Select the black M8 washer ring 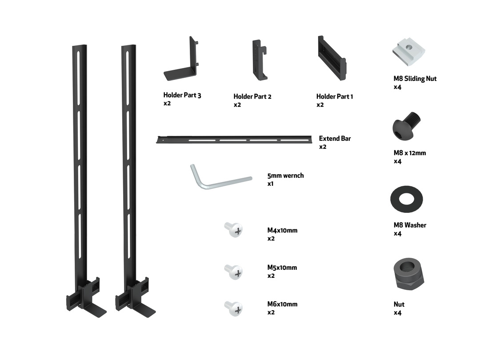click(406, 200)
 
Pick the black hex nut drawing click(408, 274)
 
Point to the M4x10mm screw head click(234, 229)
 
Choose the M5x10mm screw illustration click(234, 271)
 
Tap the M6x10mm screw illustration click(234, 308)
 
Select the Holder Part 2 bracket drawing click(260, 60)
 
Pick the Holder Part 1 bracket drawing click(332, 58)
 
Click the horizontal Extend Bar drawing click(236, 140)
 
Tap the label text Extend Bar click(335, 139)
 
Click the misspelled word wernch click(293, 176)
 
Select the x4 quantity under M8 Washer click(397, 233)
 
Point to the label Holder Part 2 click(252, 96)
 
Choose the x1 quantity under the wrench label click(271, 184)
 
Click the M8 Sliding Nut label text click(415, 79)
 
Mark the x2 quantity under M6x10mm click(271, 312)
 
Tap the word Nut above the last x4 click(399, 304)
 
